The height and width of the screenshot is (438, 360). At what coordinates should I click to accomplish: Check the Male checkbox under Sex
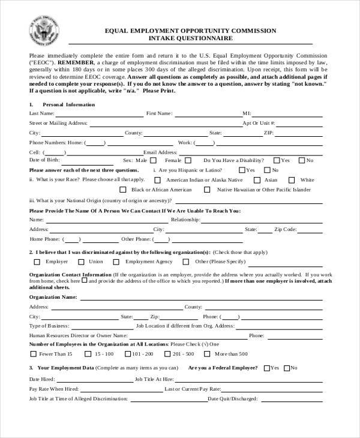tap(153, 160)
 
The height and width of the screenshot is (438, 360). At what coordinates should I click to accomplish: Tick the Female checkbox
tap(188, 160)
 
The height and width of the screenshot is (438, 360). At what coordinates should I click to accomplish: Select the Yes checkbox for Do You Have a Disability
tap(277, 160)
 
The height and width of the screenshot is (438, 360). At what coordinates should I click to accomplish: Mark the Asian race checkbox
tap(257, 179)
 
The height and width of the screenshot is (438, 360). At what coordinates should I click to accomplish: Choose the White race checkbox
tap(293, 179)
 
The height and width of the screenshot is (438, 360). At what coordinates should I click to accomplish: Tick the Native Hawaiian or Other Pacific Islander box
tap(208, 190)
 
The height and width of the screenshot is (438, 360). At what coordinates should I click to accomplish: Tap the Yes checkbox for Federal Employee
tap(266, 367)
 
